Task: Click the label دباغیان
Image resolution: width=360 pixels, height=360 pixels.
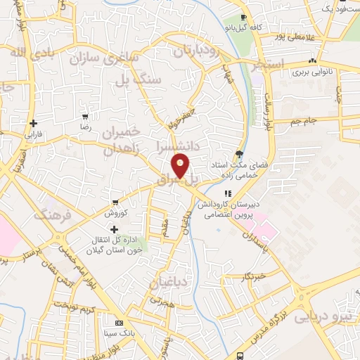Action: pyautogui.click(x=167, y=282)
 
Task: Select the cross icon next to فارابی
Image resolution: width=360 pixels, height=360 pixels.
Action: pyautogui.click(x=33, y=123)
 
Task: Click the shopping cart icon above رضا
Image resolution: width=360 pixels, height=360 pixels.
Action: pyautogui.click(x=85, y=117)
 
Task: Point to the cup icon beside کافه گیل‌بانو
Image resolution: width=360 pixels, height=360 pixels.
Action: pyautogui.click(x=243, y=18)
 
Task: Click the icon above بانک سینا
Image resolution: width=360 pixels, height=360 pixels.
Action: pyautogui.click(x=119, y=322)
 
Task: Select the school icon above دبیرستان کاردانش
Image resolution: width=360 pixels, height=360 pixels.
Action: pyautogui.click(x=227, y=193)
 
